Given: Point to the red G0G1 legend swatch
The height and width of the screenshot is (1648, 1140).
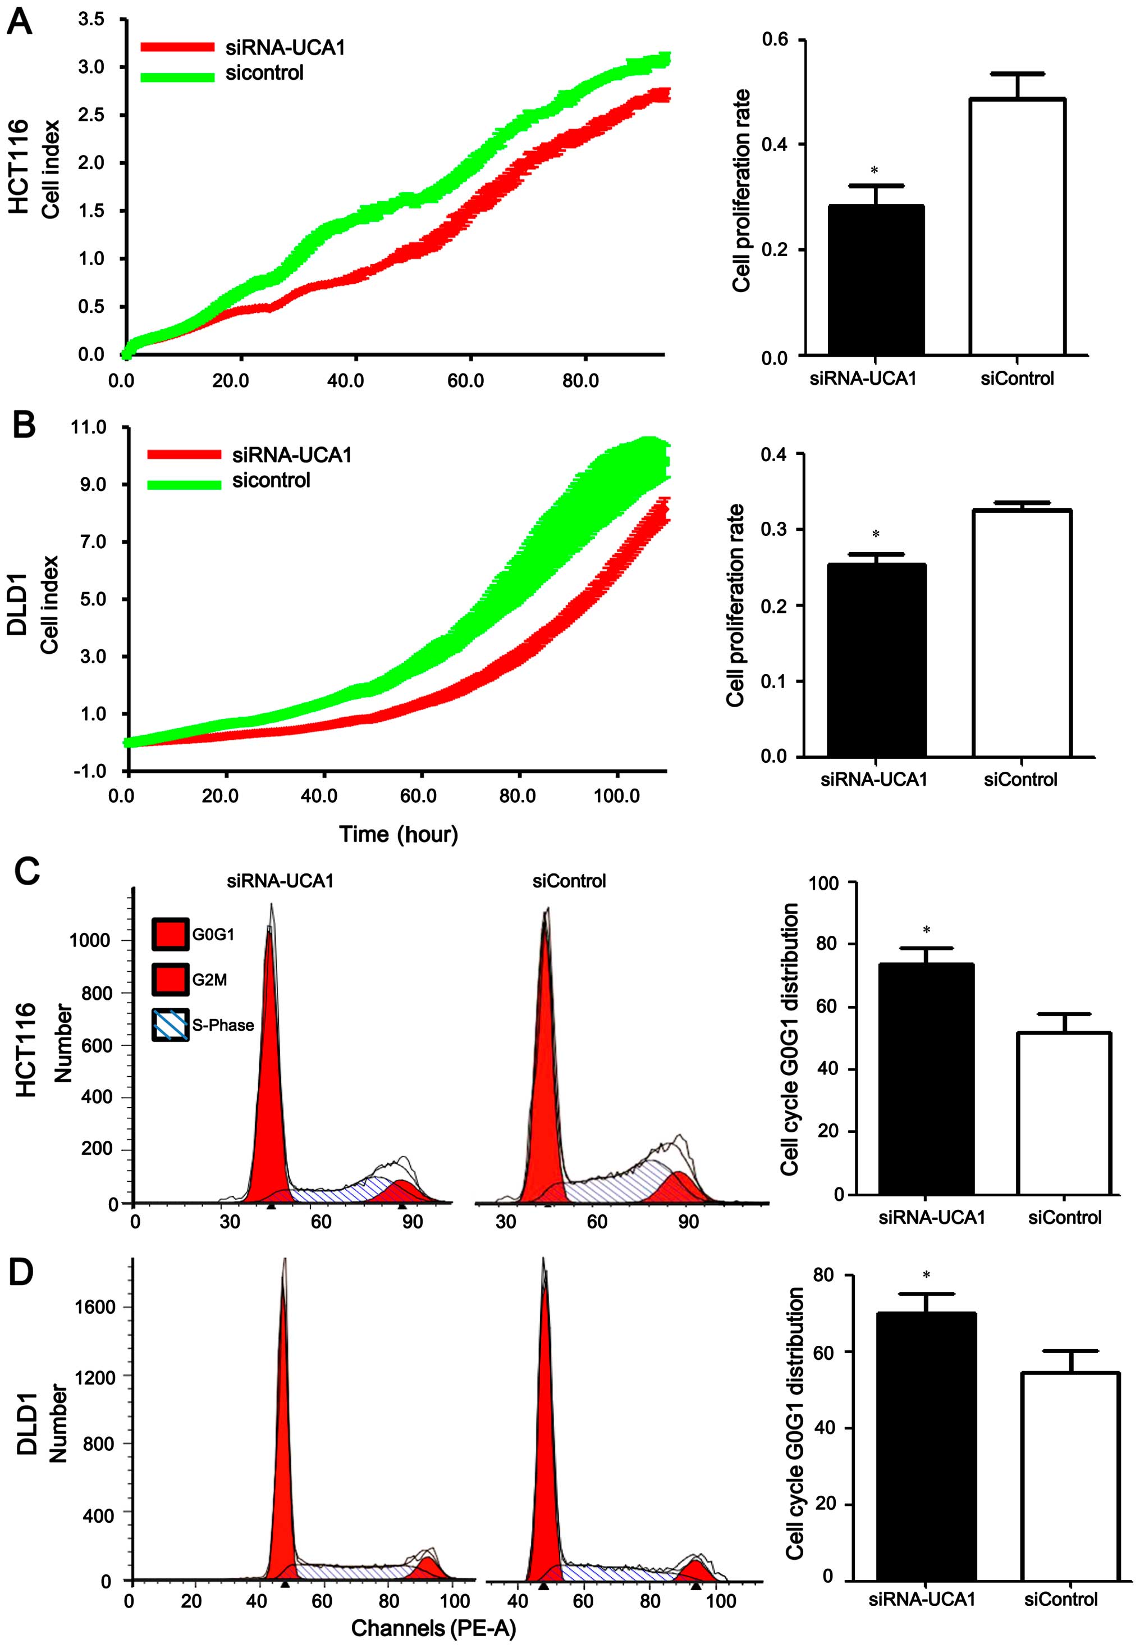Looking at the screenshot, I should click(170, 934).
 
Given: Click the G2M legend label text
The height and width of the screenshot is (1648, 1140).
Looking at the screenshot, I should click(209, 980).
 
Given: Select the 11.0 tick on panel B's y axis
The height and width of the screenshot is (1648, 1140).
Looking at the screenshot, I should click(89, 427).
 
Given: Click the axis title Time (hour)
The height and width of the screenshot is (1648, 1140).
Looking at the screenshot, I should click(398, 834).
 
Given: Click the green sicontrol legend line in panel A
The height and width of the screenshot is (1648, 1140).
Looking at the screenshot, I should click(177, 76).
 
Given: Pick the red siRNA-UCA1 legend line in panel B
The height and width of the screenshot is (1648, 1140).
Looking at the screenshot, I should click(184, 454).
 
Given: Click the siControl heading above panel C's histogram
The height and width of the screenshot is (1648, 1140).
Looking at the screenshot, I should click(569, 881).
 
